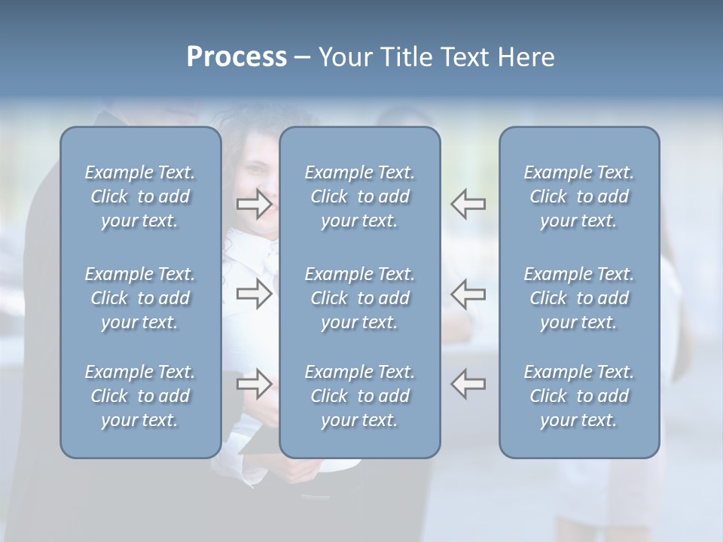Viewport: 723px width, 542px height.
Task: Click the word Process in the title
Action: [236, 57]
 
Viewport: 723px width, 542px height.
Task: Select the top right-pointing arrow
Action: [254, 203]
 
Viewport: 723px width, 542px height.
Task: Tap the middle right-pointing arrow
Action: [254, 294]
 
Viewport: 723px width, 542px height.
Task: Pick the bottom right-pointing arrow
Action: [254, 384]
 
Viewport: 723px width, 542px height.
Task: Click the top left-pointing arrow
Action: [468, 203]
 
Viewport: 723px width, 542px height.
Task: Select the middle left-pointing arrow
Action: [468, 294]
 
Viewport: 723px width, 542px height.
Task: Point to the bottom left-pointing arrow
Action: [468, 384]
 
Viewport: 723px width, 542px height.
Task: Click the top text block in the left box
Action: [140, 196]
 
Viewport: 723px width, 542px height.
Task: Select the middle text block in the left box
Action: [140, 298]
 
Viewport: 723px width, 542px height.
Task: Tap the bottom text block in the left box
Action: [140, 396]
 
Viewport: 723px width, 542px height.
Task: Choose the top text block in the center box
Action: [359, 196]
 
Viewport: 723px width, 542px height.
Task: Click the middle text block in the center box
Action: [359, 298]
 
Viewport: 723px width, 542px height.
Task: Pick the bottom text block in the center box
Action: [359, 396]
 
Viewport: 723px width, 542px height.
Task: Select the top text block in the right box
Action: [578, 196]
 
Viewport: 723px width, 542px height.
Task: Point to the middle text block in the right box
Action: [578, 298]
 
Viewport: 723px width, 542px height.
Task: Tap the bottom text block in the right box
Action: [578, 396]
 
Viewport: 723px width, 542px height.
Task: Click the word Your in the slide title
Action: [345, 57]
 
